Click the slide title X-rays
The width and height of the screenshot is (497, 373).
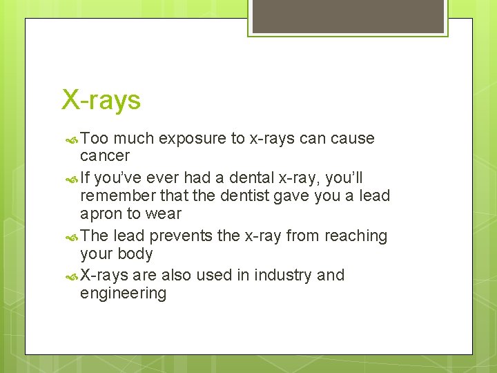[101, 100]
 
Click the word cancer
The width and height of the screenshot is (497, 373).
[105, 156]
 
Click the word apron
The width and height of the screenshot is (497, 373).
[102, 215]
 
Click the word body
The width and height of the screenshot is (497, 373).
[135, 254]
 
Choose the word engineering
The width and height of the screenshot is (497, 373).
[123, 294]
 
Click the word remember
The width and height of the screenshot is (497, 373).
[113, 196]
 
